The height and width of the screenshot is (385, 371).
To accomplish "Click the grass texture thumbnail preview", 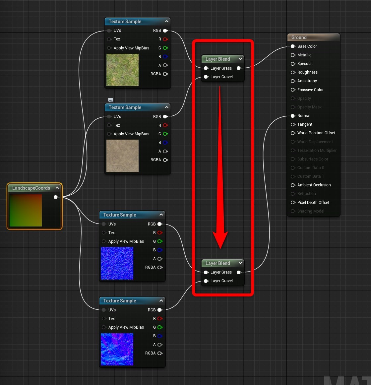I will pos(122,70).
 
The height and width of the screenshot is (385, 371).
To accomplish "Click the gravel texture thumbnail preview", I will pos(122,156).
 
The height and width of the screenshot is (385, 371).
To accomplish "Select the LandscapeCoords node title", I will pos(31,188).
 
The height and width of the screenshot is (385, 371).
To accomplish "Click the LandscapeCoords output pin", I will pos(56,197).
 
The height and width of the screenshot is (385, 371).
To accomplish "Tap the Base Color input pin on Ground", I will pos(293,46).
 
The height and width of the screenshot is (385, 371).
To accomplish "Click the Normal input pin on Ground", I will pos(293,116).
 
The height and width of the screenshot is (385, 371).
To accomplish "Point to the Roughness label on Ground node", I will pos(307,72).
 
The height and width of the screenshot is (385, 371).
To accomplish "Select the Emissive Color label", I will pos(310,90).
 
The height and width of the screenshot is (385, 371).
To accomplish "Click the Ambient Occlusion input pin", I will pos(293,185).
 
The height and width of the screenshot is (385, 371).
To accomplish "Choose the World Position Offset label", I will pos(316,133).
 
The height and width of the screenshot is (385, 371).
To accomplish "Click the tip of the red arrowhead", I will pos(220,248).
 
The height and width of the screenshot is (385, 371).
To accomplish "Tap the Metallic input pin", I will pos(293,55).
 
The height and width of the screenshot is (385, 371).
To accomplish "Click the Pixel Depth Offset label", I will pos(313,203).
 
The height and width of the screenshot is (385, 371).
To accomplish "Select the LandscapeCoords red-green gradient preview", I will pos(26,211).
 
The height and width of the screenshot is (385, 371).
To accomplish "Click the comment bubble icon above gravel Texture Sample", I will pos(111,100).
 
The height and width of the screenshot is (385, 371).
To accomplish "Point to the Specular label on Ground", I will pos(305,64).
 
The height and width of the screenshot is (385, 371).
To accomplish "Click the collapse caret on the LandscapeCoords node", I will pos(57,188).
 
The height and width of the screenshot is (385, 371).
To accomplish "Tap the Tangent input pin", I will pos(293,124).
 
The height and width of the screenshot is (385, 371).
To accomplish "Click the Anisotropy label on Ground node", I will pos(307,81).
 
